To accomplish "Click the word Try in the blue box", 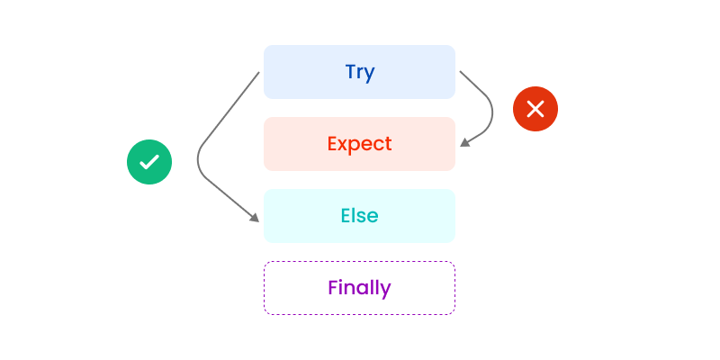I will pyautogui.click(x=359, y=72).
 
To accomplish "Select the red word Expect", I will pyautogui.click(x=359, y=144).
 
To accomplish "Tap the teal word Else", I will pyautogui.click(x=359, y=216).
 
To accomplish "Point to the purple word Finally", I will pyautogui.click(x=359, y=288).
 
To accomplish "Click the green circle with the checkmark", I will pyautogui.click(x=149, y=162).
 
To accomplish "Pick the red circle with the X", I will pyautogui.click(x=535, y=110).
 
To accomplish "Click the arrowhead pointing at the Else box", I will pyautogui.click(x=255, y=217).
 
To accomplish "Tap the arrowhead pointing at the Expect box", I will pyautogui.click(x=464, y=141).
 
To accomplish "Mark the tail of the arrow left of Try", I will pyautogui.click(x=259, y=72).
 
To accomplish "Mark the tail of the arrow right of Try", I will pyautogui.click(x=460, y=72).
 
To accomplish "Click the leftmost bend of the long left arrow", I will pyautogui.click(x=198, y=160).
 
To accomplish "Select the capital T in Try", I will pyautogui.click(x=350, y=72).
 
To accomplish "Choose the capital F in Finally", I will pyautogui.click(x=333, y=288).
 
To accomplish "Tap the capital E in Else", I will pyautogui.click(x=346, y=216).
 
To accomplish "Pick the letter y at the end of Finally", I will pyautogui.click(x=386, y=291).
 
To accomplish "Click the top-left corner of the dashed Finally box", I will pyautogui.click(x=265, y=262).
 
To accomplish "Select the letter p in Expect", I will pyautogui.click(x=355, y=146).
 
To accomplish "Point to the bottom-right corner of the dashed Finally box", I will pyautogui.click(x=454, y=314).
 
